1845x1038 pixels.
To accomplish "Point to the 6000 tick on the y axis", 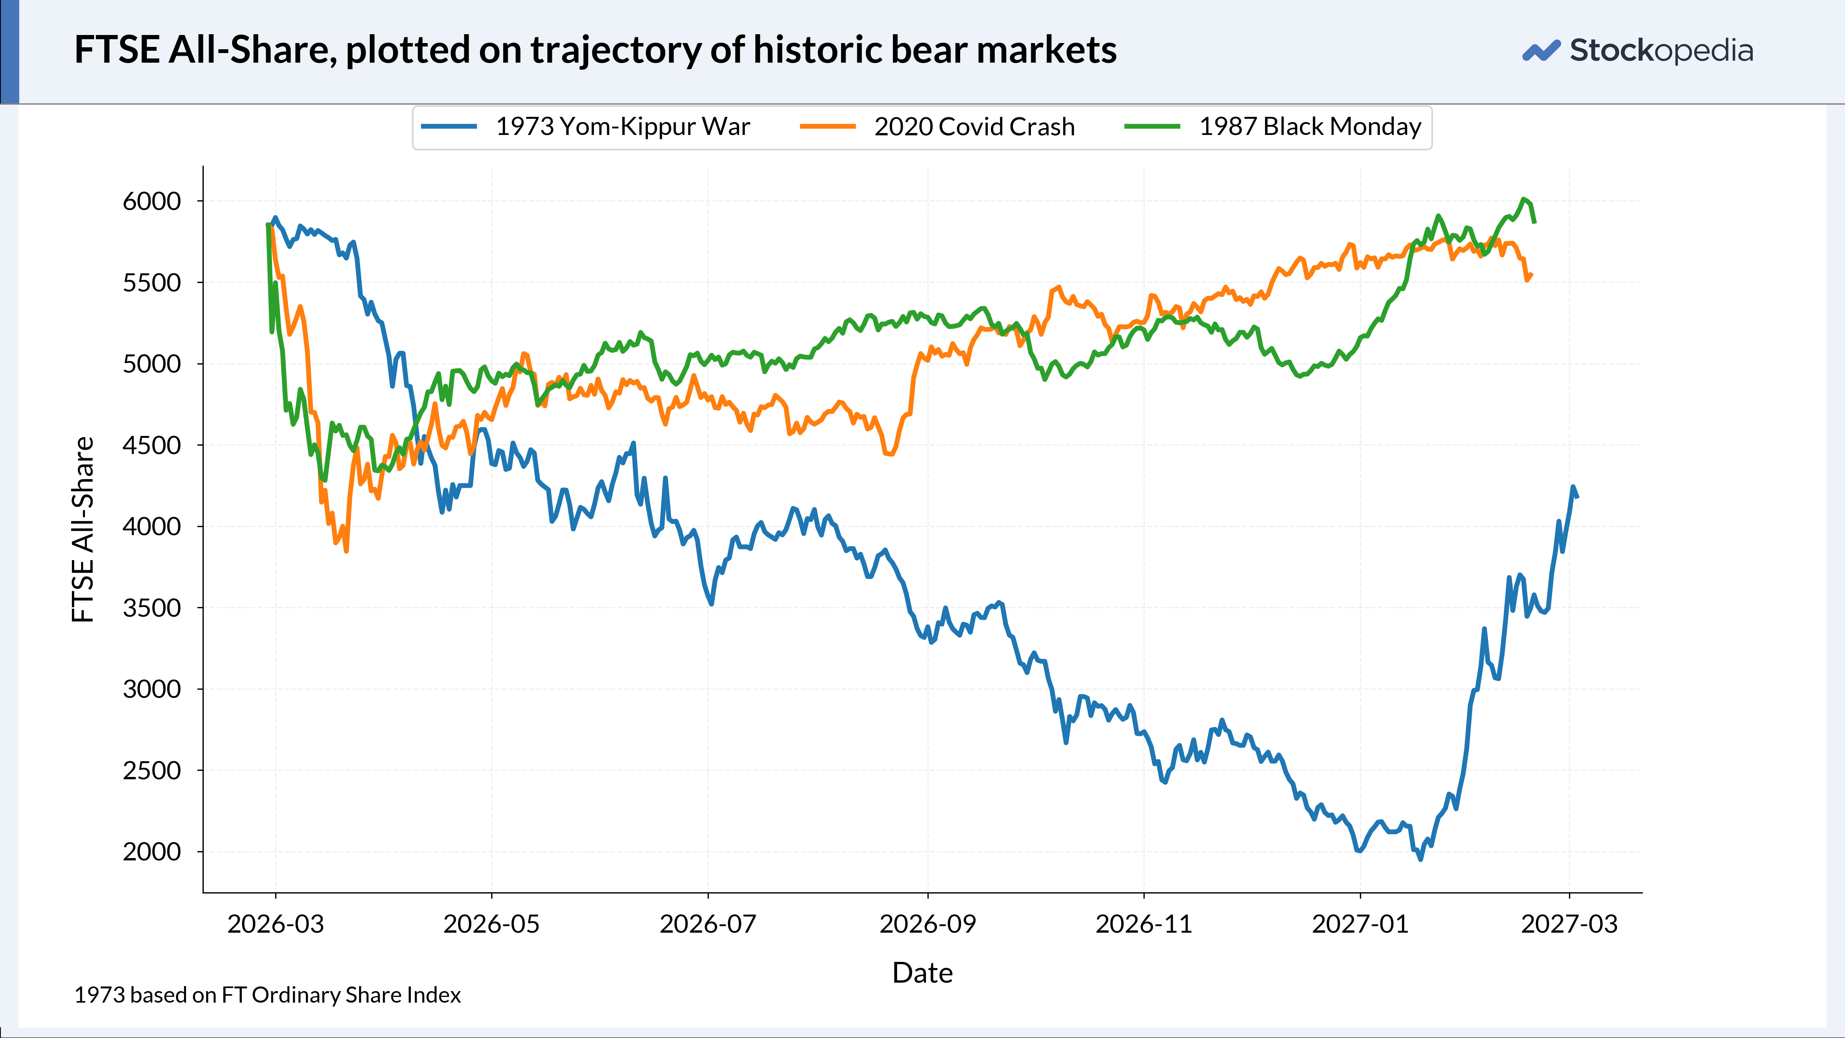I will tap(152, 201).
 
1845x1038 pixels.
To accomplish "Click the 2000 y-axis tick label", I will tap(152, 852).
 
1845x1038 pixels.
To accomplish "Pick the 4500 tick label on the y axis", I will tap(152, 446).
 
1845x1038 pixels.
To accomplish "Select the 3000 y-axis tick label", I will tap(152, 689).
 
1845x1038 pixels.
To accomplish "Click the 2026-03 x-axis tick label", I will tap(276, 924).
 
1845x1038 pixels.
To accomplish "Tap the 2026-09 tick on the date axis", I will tap(927, 924).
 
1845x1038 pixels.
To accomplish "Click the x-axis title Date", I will tap(922, 973).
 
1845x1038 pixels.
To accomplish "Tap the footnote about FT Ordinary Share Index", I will tap(267, 995).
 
